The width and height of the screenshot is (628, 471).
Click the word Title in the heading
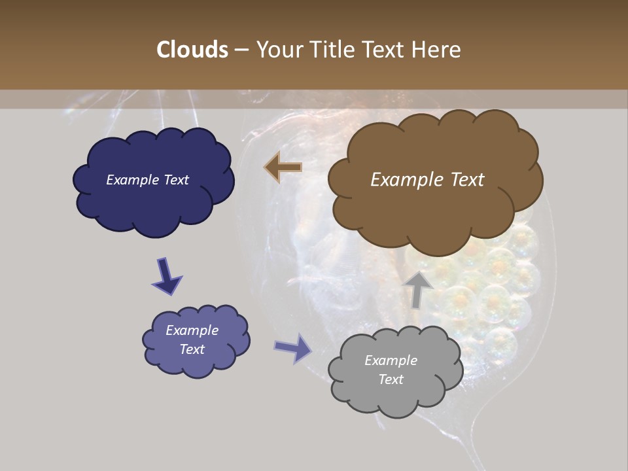click(330, 50)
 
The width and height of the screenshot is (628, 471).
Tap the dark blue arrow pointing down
click(166, 275)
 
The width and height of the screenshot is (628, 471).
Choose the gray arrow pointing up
click(417, 288)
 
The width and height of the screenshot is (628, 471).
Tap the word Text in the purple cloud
click(192, 349)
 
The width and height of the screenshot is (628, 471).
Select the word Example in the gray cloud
click(391, 360)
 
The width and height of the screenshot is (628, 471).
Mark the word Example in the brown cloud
click(405, 180)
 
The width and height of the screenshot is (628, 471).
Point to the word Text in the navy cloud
click(175, 180)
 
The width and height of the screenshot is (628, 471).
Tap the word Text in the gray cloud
click(391, 379)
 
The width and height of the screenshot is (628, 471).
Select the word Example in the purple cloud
click(192, 330)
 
